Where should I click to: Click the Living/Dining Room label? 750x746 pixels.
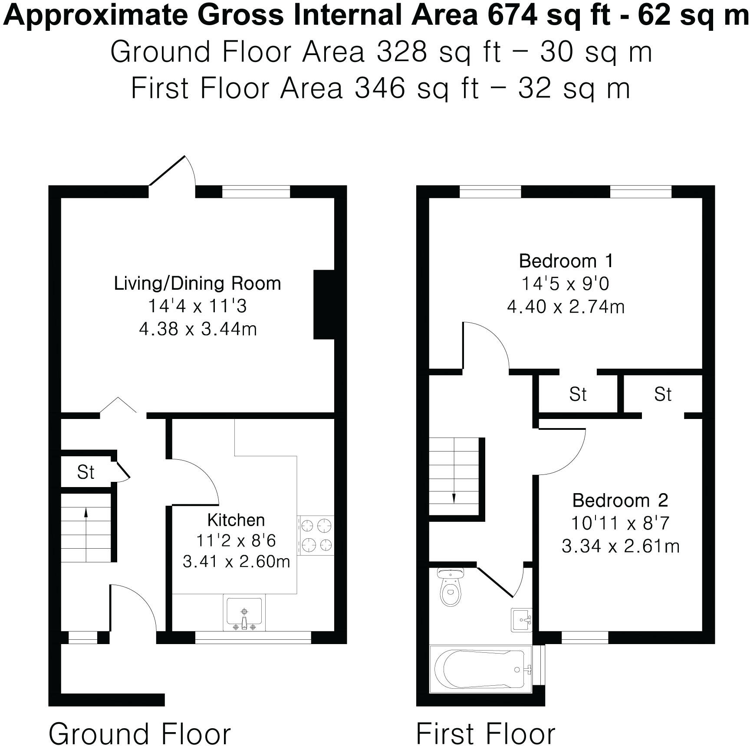(197, 283)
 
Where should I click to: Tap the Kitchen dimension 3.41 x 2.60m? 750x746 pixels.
(236, 562)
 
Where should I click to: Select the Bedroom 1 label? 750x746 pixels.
(566, 261)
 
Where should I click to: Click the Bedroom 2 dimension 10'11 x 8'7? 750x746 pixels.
(620, 523)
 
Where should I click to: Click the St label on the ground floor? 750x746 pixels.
(86, 472)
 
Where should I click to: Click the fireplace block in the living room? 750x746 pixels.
(324, 304)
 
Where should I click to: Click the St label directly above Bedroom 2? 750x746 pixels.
(662, 394)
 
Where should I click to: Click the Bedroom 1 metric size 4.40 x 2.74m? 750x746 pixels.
(566, 307)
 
